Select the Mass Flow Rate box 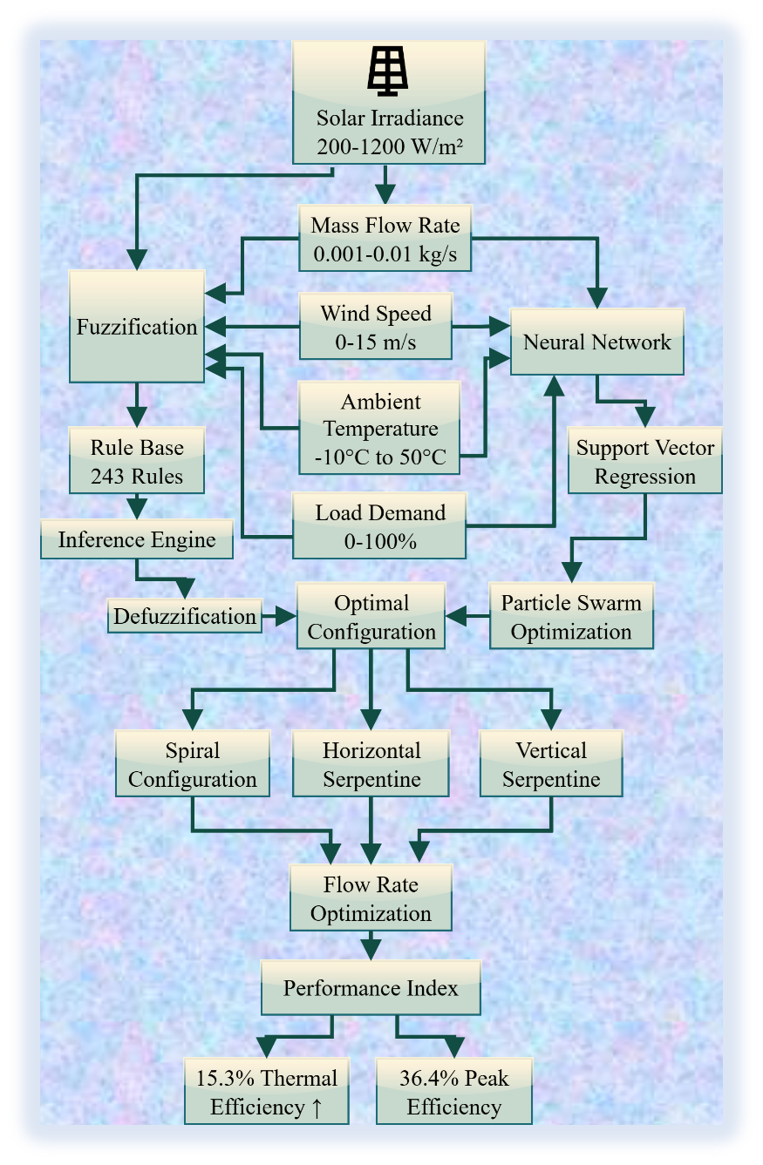tap(385, 240)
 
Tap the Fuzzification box tap(137, 327)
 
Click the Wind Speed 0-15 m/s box tap(375, 327)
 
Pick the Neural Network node tap(596, 342)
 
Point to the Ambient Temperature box tap(379, 429)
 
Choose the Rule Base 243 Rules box tap(137, 461)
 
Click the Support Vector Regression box tap(644, 461)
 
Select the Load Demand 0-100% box tap(379, 526)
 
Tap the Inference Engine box tap(137, 539)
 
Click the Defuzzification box tap(185, 616)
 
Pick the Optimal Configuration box tap(371, 617)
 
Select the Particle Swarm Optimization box tap(571, 617)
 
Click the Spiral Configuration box tap(192, 764)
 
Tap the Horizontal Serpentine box tap(371, 764)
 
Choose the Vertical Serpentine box tap(551, 764)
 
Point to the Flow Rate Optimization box tap(371, 898)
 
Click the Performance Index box tap(371, 988)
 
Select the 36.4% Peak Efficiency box tap(453, 1092)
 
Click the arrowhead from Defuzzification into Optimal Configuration tap(286, 616)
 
